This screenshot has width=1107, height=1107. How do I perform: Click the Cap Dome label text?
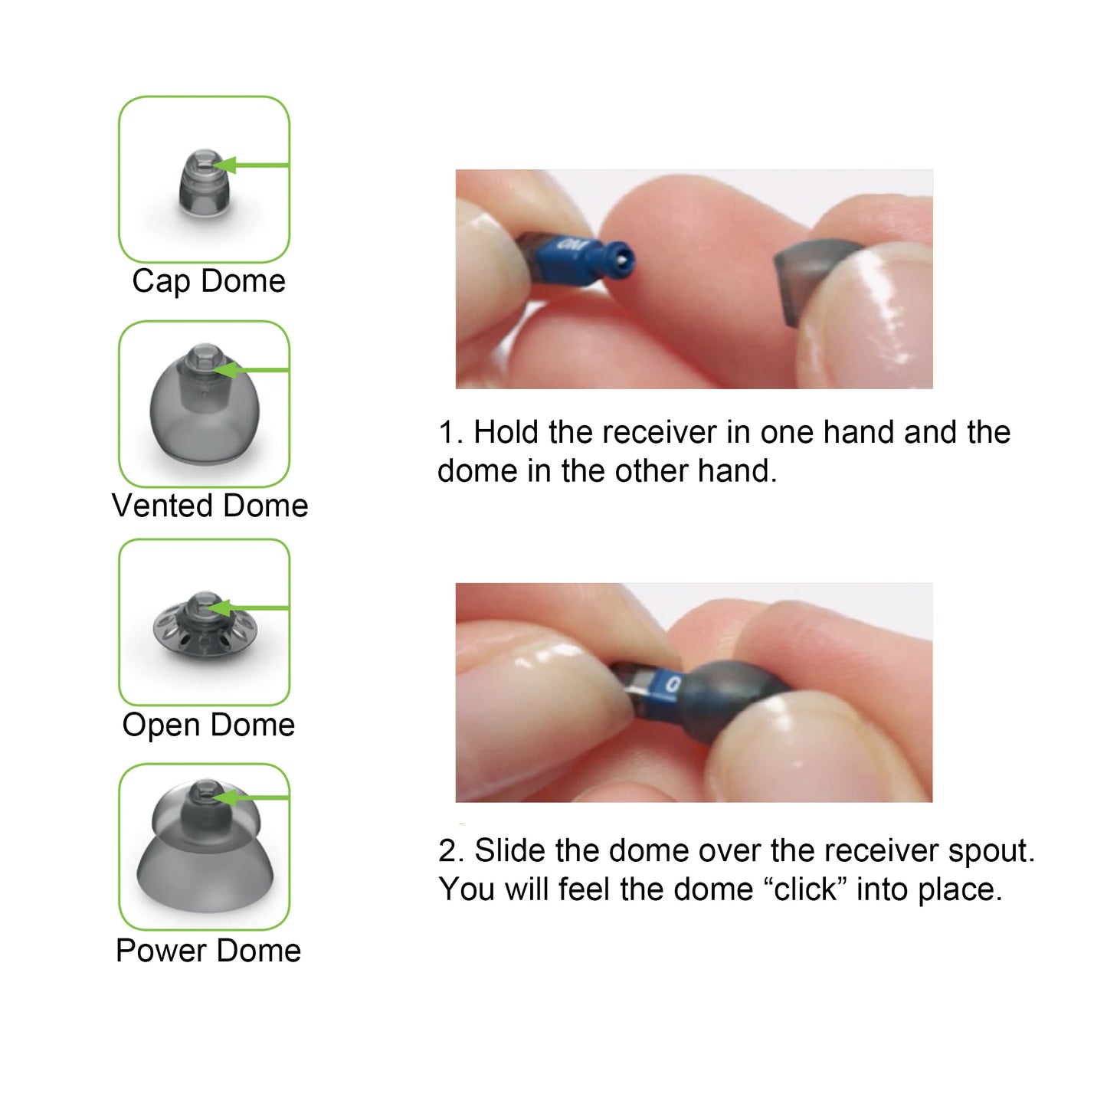coord(208,281)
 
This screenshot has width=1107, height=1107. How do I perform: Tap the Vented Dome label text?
coord(209,506)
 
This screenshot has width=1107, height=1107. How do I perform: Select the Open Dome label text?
coord(208,725)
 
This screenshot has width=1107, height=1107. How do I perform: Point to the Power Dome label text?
coord(208,951)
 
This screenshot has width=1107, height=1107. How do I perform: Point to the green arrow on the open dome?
coord(249,608)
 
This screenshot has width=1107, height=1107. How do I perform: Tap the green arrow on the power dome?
coord(249,798)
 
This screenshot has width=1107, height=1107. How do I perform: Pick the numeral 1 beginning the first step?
coord(448,432)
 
